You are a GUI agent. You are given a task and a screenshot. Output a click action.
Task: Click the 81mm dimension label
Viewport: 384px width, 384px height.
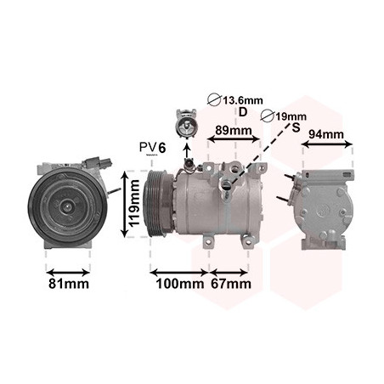[x=69, y=284]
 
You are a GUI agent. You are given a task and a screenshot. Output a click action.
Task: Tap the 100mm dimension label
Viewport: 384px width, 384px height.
[x=180, y=284]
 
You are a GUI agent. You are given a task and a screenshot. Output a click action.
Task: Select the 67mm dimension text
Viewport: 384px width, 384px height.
[x=231, y=284]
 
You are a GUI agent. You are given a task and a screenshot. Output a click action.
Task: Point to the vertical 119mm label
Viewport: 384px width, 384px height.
[x=133, y=203]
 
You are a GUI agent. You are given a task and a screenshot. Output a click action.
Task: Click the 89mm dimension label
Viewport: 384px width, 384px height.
[x=234, y=131]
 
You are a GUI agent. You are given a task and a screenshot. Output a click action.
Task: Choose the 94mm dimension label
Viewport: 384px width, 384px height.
[x=326, y=134]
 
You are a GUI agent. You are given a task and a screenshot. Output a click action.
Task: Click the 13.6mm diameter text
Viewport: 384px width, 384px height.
[x=243, y=100]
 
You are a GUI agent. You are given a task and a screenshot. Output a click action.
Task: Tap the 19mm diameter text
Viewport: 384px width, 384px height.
[x=291, y=116]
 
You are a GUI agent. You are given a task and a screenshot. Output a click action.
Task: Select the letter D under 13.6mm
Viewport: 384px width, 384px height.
[x=243, y=112]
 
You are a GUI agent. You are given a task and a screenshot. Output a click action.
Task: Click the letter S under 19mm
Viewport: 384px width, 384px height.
[x=296, y=128]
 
